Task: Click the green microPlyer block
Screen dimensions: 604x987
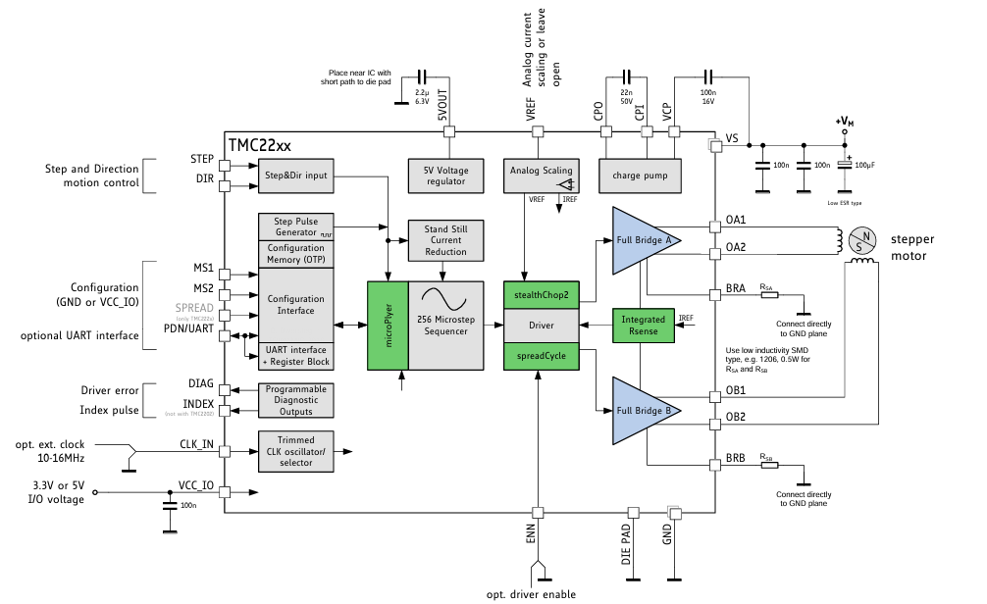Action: pyautogui.click(x=388, y=326)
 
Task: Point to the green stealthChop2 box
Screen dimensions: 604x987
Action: pyautogui.click(x=541, y=295)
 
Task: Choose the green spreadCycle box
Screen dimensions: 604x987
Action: pyautogui.click(x=541, y=355)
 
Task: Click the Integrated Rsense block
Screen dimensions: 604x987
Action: pyautogui.click(x=644, y=325)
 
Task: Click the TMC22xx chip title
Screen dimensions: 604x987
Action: pyautogui.click(x=260, y=145)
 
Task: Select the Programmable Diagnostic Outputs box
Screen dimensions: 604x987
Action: pyautogui.click(x=295, y=398)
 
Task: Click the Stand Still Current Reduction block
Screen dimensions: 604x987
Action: pyautogui.click(x=445, y=240)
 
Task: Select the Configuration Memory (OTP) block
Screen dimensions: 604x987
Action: pyautogui.click(x=295, y=254)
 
